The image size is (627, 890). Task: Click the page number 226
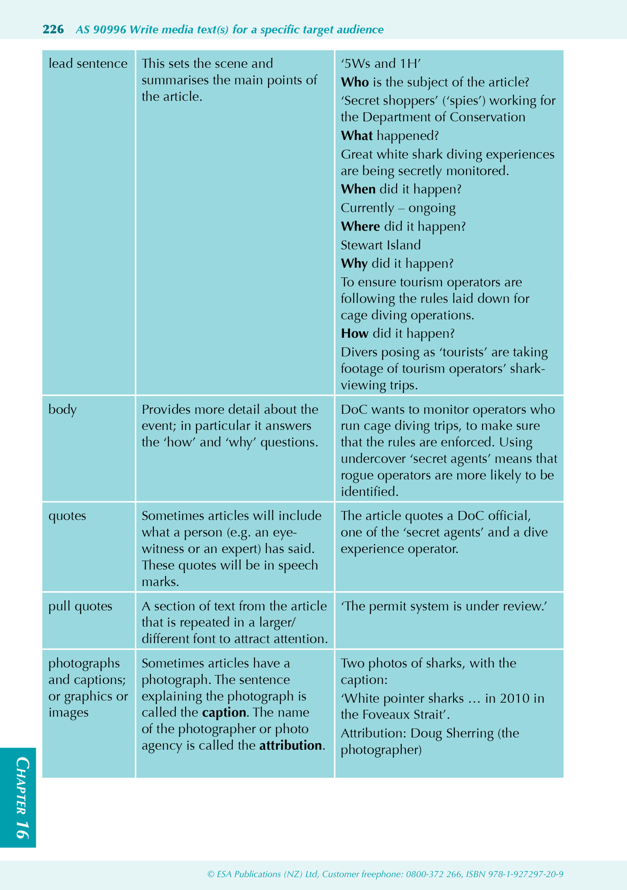(x=53, y=30)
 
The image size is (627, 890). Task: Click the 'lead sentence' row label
(x=88, y=64)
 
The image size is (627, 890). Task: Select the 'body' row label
(x=62, y=409)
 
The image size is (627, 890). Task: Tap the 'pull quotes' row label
(x=80, y=606)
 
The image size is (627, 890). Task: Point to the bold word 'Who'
(x=355, y=82)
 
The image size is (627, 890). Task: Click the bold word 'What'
(x=357, y=136)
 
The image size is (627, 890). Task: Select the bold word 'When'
(x=358, y=189)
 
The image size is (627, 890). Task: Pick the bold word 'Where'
(x=360, y=227)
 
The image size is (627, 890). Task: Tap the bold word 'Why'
(x=354, y=264)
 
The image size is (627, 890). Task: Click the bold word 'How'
(x=355, y=333)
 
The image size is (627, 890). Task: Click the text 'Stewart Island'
(x=381, y=245)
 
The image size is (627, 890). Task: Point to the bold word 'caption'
(x=224, y=713)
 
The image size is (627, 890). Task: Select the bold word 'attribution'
(x=290, y=746)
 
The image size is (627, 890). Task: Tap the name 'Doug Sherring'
(x=452, y=734)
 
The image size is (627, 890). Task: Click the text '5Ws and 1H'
(x=381, y=64)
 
